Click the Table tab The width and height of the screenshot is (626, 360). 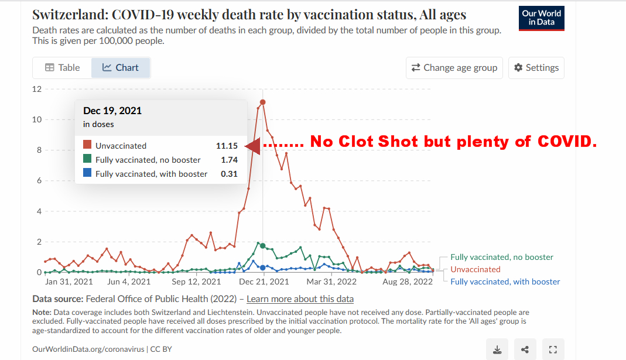point(62,68)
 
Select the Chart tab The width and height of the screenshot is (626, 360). point(121,68)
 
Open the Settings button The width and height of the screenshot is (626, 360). point(536,68)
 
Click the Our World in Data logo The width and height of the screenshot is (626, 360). point(541,18)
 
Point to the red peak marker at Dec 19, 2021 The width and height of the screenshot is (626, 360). point(263,102)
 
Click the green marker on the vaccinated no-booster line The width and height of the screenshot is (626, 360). point(263,246)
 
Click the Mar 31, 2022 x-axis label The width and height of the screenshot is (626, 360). point(331,282)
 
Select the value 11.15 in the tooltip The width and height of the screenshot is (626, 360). point(227,146)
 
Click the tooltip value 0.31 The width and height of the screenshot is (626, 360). point(229,174)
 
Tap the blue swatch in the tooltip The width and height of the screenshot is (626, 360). point(87,174)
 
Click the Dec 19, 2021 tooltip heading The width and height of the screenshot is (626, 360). point(112,111)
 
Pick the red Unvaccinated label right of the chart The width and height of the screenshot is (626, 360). point(475,269)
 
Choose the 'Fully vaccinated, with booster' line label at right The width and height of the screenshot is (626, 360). point(505,282)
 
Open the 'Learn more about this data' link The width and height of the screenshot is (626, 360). point(300,299)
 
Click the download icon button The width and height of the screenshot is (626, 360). point(497,349)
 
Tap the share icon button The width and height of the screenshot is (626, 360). point(525,349)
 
